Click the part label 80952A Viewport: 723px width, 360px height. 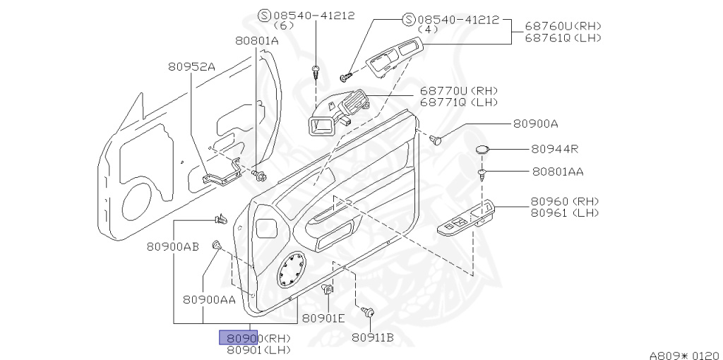191,67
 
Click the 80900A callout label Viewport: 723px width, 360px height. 535,124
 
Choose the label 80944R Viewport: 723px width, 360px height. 555,149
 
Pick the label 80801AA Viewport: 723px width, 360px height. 558,172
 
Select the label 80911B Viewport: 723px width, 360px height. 373,337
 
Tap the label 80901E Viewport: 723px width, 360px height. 323,318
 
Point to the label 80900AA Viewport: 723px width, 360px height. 209,299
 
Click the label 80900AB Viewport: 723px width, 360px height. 173,246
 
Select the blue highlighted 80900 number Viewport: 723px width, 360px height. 239,337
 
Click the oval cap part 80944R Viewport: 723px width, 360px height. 483,149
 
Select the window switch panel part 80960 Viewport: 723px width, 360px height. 467,218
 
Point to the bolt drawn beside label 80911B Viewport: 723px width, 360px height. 368,311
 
